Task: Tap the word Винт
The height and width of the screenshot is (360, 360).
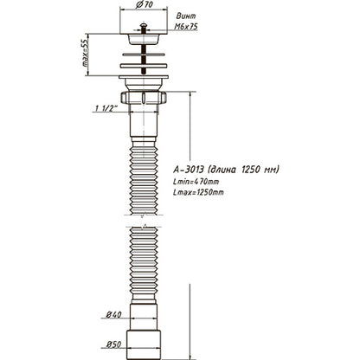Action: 210,16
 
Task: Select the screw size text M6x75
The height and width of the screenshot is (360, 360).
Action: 212,27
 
